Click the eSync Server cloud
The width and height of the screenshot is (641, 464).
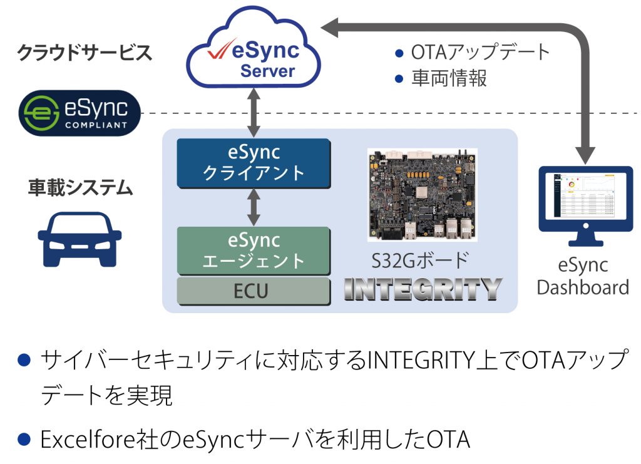(254, 49)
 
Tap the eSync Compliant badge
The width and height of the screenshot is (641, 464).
(79, 113)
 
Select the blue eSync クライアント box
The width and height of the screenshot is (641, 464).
(254, 163)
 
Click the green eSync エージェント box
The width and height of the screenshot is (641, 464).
(254, 250)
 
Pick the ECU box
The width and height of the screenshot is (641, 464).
(254, 291)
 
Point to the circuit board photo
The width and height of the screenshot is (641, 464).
(423, 195)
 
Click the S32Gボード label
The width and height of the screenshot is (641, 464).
(420, 260)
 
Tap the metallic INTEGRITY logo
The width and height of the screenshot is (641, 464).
(423, 289)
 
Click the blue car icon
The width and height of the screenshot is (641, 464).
(79, 239)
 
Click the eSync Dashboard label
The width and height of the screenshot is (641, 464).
(583, 276)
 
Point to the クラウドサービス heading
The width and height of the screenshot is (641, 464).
(85, 53)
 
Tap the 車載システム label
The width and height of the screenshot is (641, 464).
(81, 188)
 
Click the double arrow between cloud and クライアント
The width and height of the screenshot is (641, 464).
(254, 113)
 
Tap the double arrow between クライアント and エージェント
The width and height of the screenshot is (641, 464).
(254, 207)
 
